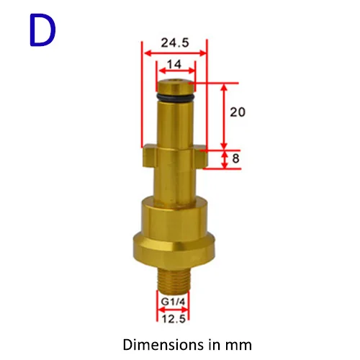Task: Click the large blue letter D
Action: [42, 30]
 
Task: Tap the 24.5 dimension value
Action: [175, 42]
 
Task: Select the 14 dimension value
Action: [174, 64]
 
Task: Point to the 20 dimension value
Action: [238, 112]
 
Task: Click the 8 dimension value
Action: [235, 158]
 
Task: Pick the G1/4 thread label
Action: [173, 302]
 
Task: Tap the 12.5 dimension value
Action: [174, 319]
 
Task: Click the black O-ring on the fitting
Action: [175, 97]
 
